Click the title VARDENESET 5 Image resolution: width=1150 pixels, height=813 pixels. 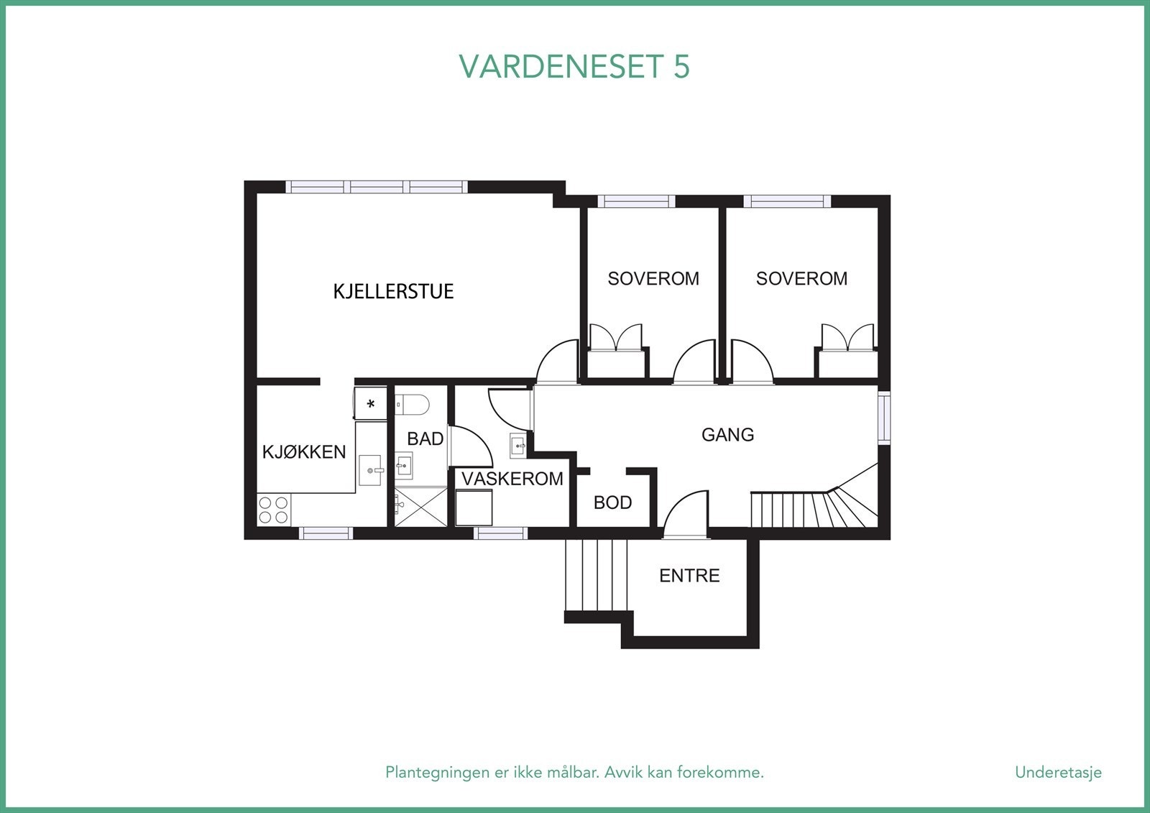(x=574, y=66)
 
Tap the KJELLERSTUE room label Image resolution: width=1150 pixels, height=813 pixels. (x=393, y=291)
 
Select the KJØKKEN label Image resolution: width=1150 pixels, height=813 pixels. (x=304, y=451)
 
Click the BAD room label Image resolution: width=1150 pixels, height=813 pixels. (x=425, y=438)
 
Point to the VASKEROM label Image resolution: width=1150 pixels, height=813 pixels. (x=512, y=479)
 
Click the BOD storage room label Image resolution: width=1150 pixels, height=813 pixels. (x=612, y=502)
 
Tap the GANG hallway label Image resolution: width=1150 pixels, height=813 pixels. (x=727, y=434)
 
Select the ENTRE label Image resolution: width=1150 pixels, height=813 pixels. (x=689, y=575)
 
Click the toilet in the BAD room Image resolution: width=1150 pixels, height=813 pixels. (x=413, y=405)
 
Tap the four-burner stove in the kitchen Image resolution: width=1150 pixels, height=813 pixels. (x=273, y=510)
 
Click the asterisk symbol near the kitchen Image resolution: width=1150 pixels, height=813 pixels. (x=371, y=404)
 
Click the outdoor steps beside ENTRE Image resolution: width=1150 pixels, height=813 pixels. (x=596, y=575)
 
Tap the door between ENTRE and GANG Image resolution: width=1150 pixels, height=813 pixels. (x=684, y=516)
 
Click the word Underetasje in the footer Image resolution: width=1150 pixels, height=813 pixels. (x=1057, y=772)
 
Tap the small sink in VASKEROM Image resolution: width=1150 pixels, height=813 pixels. (x=519, y=446)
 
